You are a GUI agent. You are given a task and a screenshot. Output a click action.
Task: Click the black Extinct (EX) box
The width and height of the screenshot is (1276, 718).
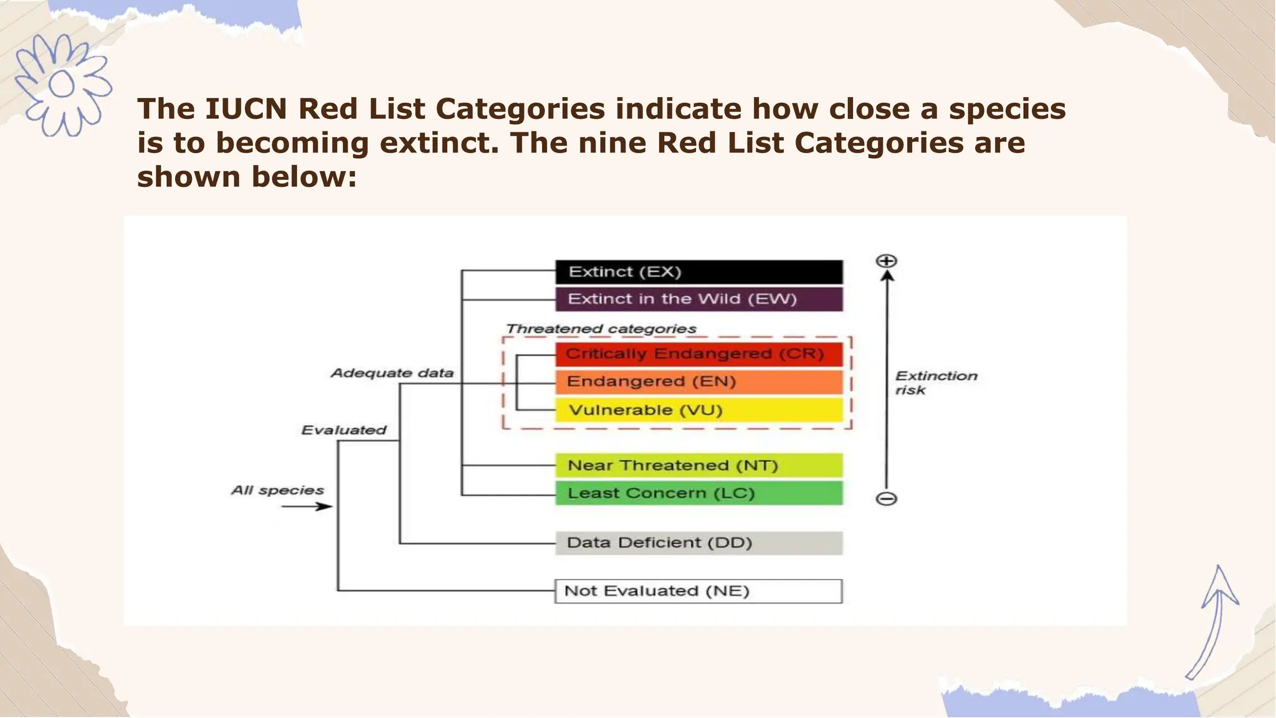(x=698, y=272)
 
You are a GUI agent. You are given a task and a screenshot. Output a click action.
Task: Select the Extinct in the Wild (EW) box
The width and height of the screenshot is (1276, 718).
(x=698, y=299)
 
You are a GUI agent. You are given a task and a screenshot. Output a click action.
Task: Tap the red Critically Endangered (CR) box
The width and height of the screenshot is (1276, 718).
(x=698, y=354)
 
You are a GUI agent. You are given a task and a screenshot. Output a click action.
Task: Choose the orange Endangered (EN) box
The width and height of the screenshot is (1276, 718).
(x=698, y=382)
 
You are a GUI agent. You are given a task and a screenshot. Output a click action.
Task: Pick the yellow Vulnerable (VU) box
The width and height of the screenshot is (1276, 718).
(x=698, y=410)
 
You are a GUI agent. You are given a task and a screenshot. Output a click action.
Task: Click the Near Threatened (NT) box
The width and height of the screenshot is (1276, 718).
(x=698, y=465)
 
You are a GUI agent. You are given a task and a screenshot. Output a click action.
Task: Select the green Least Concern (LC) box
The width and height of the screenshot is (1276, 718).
(x=698, y=493)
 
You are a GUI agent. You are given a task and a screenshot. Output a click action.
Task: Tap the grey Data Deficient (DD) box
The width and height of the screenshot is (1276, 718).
(x=698, y=543)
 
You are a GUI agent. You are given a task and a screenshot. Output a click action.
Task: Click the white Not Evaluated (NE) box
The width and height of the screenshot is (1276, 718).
(x=698, y=591)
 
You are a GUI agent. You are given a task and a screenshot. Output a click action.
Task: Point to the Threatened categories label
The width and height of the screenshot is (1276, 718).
(x=601, y=329)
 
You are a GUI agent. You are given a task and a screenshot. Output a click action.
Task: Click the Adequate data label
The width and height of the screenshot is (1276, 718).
(x=392, y=373)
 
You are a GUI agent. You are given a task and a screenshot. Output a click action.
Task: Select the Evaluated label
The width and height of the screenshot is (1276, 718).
(x=343, y=430)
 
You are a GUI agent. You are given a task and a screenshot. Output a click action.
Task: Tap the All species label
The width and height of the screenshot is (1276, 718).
(x=277, y=491)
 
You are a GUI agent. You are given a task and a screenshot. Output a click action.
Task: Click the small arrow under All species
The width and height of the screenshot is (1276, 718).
(x=307, y=506)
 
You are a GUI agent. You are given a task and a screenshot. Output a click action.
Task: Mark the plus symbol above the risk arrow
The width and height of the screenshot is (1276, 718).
(x=886, y=261)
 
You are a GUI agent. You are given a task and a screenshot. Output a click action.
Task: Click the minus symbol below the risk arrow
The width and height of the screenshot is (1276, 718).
(x=886, y=499)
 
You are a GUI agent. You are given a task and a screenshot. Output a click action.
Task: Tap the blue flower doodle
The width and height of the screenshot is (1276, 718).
(x=62, y=85)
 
